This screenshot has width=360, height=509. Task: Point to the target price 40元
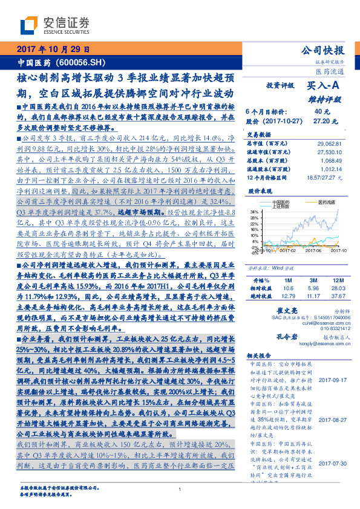pyautogui.click(x=321, y=112)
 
